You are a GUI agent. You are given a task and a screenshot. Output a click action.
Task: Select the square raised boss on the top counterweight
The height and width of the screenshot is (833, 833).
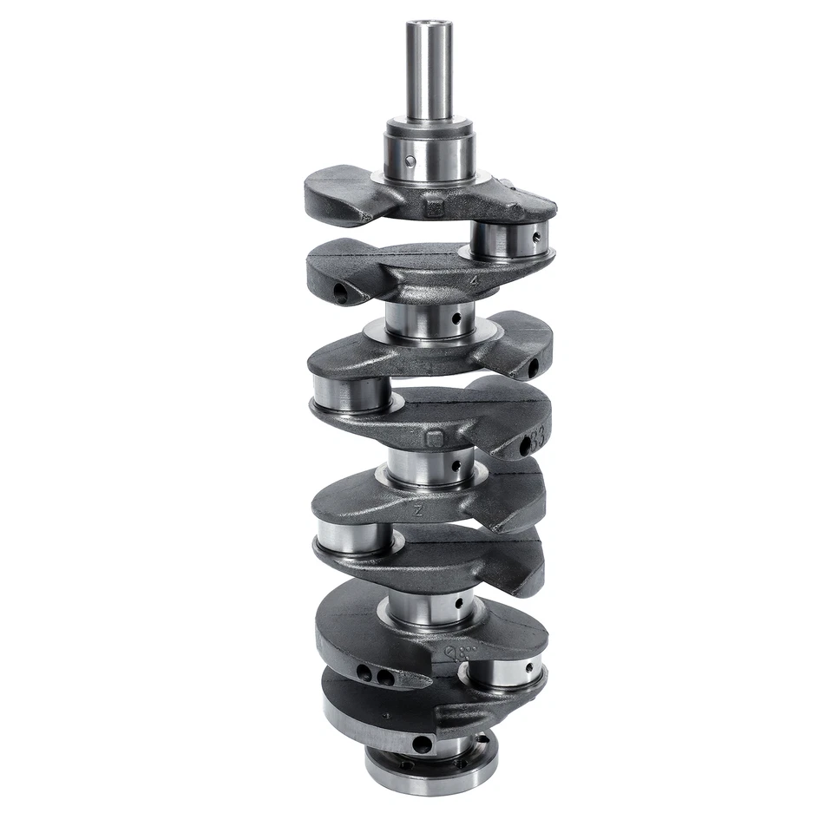(435, 207)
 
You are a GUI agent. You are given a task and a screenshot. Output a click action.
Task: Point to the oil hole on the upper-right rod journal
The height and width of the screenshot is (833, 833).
(538, 235)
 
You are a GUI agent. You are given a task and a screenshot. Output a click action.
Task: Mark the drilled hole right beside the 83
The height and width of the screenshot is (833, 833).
(524, 448)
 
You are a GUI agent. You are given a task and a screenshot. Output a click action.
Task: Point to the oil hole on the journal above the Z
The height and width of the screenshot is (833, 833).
(455, 467)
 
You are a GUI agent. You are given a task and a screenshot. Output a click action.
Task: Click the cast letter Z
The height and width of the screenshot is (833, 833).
(419, 512)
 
